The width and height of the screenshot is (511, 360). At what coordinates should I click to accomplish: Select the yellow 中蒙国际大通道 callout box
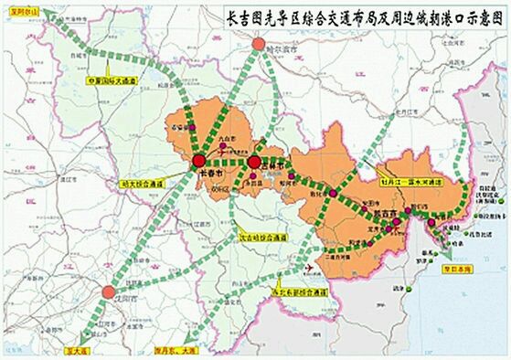tap(111, 80)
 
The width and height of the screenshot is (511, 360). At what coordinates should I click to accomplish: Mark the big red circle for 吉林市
tap(253, 163)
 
